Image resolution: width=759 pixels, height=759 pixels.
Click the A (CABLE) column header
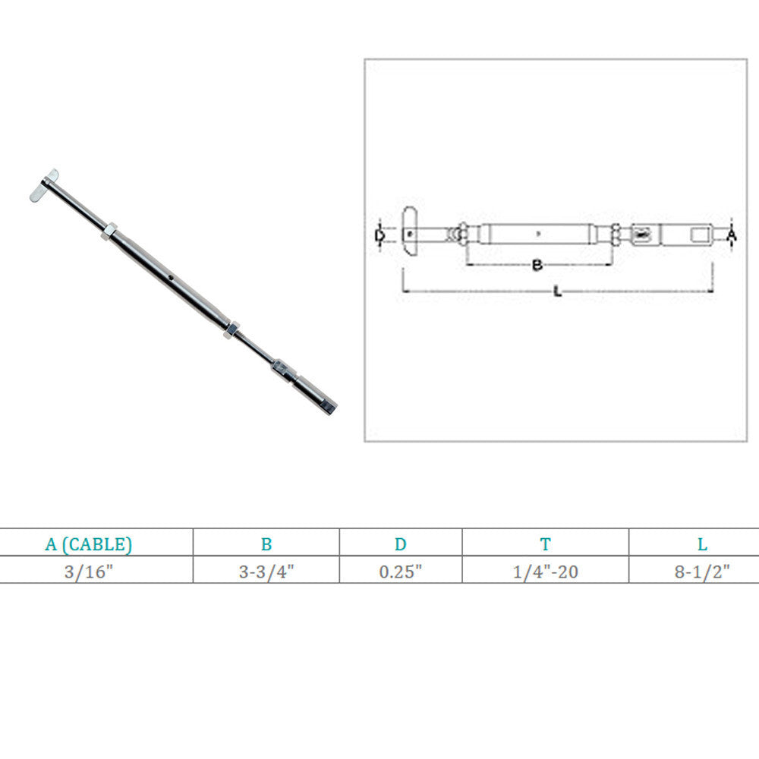[x=88, y=544]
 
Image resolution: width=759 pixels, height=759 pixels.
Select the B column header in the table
[x=266, y=544]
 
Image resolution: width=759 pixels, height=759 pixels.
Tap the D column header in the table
[x=400, y=544]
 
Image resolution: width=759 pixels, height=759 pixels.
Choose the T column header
[x=545, y=544]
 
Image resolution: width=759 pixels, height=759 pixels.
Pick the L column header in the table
[x=702, y=544]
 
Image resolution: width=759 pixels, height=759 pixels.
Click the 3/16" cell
[x=88, y=572]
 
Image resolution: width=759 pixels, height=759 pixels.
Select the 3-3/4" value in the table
[x=266, y=572]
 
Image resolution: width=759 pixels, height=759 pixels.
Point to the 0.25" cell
[x=400, y=572]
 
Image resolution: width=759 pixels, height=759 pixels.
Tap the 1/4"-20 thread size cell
[x=545, y=572]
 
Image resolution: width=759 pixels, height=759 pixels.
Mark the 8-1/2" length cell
[x=702, y=572]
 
